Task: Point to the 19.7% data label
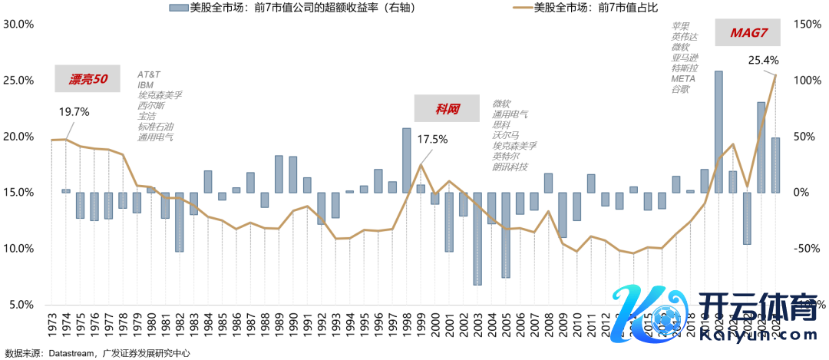click(74, 112)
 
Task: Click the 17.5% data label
click(432, 140)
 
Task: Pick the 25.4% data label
click(764, 60)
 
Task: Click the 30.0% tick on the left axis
click(18, 24)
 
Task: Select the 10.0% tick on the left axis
click(18, 249)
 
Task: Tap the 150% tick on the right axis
click(809, 24)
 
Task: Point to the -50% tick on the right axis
click(809, 249)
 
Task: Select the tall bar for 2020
click(718, 131)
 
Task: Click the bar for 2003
click(477, 238)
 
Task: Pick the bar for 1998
click(407, 160)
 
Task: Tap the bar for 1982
click(179, 222)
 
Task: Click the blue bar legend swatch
click(177, 8)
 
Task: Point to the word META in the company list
click(682, 78)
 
